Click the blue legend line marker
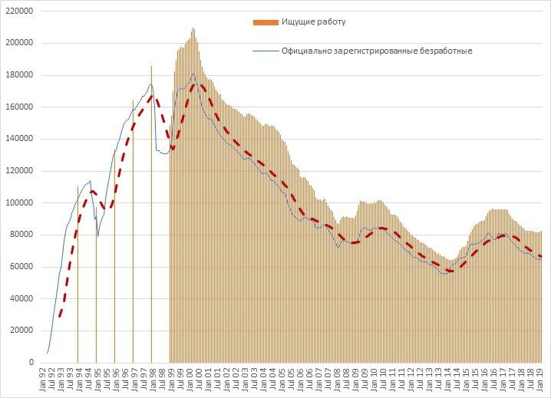point(265,51)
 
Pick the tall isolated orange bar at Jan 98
point(151,215)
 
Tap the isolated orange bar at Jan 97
point(133,230)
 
